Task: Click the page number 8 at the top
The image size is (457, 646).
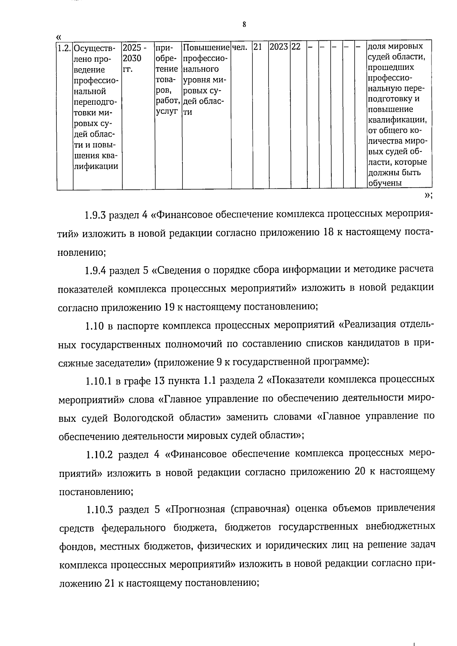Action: pyautogui.click(x=244, y=25)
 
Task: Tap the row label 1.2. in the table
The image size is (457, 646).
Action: pyautogui.click(x=64, y=48)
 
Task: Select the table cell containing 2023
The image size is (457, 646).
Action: pyautogui.click(x=279, y=47)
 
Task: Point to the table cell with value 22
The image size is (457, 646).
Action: pyautogui.click(x=296, y=47)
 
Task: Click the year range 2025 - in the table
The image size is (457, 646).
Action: pyautogui.click(x=135, y=48)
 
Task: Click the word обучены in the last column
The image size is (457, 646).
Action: pyautogui.click(x=385, y=183)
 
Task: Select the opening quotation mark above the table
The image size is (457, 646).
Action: pyautogui.click(x=58, y=37)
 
